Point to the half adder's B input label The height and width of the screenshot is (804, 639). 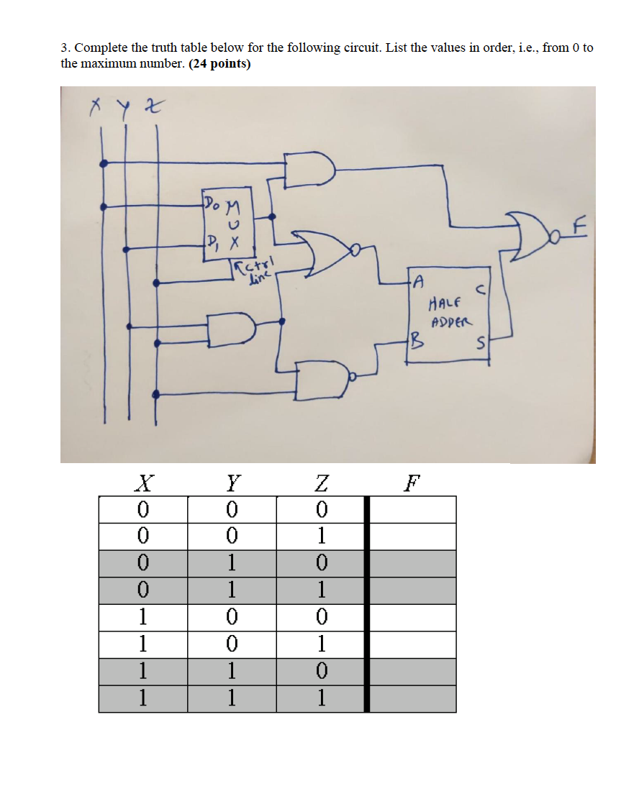pos(414,342)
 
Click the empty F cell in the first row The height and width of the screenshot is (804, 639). pos(413,509)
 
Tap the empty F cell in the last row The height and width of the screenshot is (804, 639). pos(413,698)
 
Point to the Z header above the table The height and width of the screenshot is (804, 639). pos(321,482)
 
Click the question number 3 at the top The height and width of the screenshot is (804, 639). pos(64,48)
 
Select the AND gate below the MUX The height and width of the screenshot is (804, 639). pos(232,327)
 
